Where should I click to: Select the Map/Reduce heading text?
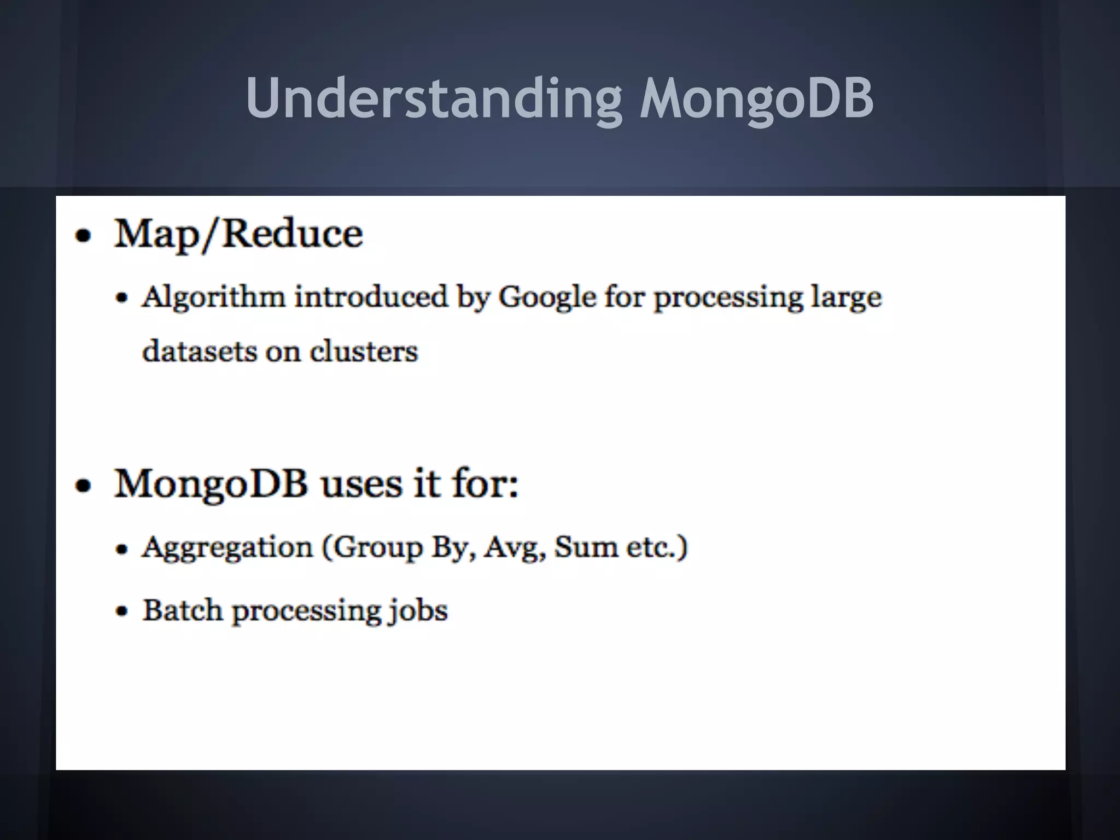pos(238,235)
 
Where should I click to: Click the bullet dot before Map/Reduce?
pos(83,236)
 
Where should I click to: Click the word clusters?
pos(364,351)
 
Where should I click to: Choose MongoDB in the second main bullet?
pos(211,485)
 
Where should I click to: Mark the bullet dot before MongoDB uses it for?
pos(83,486)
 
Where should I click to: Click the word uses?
pos(361,485)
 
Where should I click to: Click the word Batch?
pos(182,610)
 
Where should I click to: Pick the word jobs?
pos(418,611)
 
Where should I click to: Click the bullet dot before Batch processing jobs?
pos(122,611)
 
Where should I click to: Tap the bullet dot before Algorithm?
pos(122,299)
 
